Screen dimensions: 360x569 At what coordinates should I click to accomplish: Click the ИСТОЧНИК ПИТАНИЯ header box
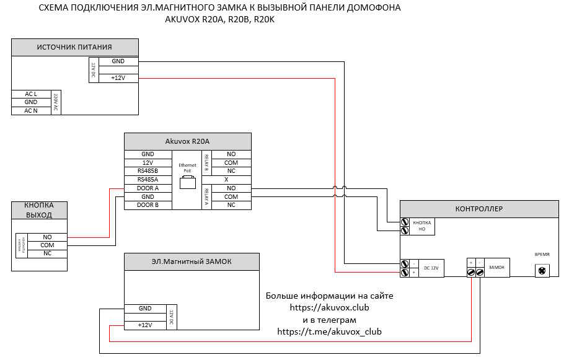[x=74, y=47]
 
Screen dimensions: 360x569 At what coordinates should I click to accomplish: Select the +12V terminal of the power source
[x=118, y=77]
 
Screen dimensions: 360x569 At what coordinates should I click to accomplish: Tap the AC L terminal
[x=31, y=94]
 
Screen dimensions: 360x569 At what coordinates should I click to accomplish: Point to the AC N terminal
[x=31, y=110]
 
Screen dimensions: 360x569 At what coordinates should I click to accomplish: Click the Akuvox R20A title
[x=187, y=141]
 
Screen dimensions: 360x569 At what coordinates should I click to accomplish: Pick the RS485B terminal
[x=148, y=171]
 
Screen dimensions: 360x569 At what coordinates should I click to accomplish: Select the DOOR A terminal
[x=148, y=188]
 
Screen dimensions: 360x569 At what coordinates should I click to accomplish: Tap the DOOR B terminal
[x=148, y=204]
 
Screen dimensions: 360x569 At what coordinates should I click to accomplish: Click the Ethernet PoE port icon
[x=187, y=183]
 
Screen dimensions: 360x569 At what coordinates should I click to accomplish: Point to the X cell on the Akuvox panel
[x=231, y=180]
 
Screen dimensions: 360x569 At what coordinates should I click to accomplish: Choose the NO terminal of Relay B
[x=231, y=154]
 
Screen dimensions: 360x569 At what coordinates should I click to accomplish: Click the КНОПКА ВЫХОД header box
[x=38, y=210]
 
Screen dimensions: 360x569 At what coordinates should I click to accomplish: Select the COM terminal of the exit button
[x=47, y=245]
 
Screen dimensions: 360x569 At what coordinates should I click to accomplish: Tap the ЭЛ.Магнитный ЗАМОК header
[x=192, y=261]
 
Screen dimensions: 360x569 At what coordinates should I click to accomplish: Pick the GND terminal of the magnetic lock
[x=145, y=308]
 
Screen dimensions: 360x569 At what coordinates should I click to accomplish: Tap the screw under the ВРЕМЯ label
[x=542, y=270]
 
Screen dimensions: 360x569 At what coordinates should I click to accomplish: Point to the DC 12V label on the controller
[x=430, y=268]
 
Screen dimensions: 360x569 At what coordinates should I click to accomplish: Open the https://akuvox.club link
[x=329, y=307]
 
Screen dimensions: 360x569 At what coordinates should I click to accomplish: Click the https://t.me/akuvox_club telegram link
[x=329, y=331]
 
